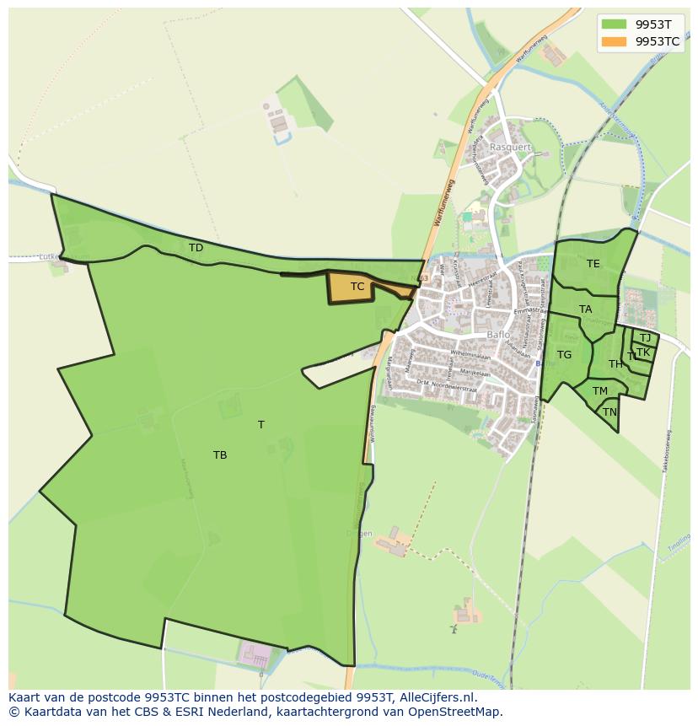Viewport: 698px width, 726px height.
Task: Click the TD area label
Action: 196,248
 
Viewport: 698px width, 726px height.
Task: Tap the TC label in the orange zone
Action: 357,287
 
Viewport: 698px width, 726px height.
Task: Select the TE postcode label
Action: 593,264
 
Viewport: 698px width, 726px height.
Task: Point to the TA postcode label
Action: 586,309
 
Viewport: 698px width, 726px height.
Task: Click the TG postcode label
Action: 564,355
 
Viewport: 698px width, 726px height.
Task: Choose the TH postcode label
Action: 615,364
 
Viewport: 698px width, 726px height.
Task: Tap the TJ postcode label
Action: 645,338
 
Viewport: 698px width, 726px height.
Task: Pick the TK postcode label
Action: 643,352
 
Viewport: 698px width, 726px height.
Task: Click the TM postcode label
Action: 600,391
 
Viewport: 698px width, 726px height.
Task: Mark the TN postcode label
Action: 609,412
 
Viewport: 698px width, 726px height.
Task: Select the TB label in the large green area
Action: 220,455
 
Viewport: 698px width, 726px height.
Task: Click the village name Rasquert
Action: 512,147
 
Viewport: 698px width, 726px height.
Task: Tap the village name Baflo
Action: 499,335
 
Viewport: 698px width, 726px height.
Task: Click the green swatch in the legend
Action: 615,24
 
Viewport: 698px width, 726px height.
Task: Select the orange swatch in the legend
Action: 615,40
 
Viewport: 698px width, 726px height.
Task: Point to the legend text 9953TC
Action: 658,40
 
